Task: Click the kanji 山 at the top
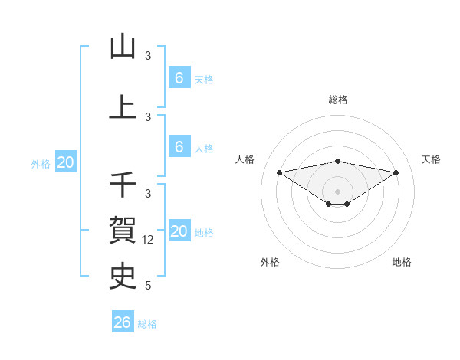pyautogui.click(x=123, y=47)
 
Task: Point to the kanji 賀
pyautogui.click(x=123, y=228)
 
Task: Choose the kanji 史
pyautogui.click(x=123, y=274)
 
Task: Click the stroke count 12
pyautogui.click(x=149, y=240)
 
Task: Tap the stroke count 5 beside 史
pyautogui.click(x=148, y=286)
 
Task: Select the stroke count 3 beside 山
pyautogui.click(x=148, y=56)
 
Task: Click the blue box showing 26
pyautogui.click(x=122, y=322)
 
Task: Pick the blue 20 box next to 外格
pyautogui.click(x=65, y=162)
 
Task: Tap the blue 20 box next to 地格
pyautogui.click(x=179, y=232)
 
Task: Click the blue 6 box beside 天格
pyautogui.click(x=179, y=78)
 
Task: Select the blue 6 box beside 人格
pyautogui.click(x=179, y=147)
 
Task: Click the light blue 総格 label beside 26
pyautogui.click(x=147, y=324)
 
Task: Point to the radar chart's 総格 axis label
pyautogui.click(x=338, y=100)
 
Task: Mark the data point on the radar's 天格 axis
pyautogui.click(x=396, y=172)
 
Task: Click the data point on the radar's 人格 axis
pyautogui.click(x=280, y=172)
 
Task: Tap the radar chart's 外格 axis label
pyautogui.click(x=270, y=262)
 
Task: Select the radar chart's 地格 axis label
pyautogui.click(x=402, y=262)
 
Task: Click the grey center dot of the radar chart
pyautogui.click(x=338, y=191)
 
